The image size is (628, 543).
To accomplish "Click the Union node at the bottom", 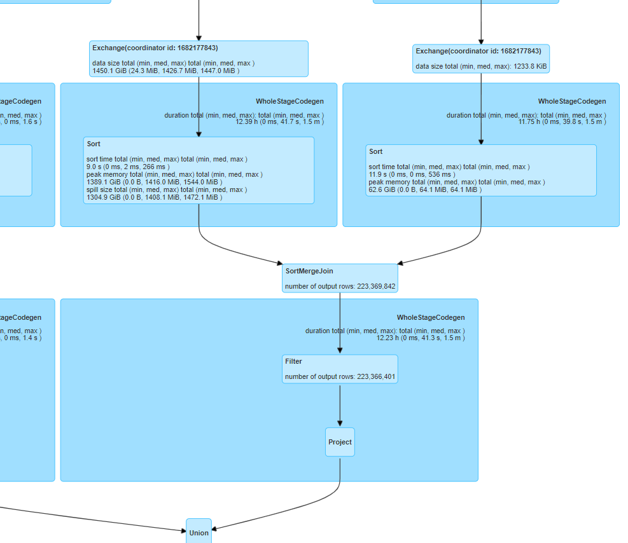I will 199,532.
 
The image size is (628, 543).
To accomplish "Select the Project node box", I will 340,442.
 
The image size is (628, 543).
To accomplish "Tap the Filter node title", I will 293,361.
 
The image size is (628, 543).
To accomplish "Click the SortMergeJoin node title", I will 309,271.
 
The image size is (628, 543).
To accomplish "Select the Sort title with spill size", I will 94,144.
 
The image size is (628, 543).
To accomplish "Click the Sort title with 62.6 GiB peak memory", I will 375,152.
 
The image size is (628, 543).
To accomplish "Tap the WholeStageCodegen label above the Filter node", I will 431,317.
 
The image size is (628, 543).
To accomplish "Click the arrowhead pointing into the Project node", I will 340,423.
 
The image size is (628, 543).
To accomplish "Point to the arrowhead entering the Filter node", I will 340,350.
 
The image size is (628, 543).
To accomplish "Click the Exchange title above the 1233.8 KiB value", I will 478,51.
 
